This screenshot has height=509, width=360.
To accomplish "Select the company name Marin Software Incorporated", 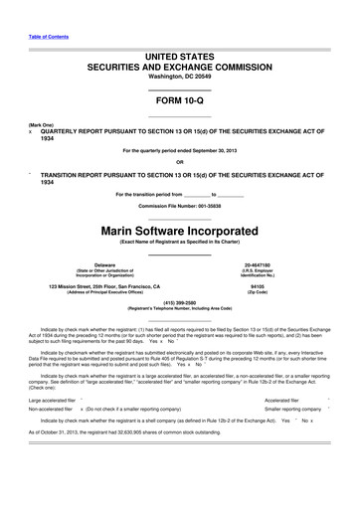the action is click(180, 230).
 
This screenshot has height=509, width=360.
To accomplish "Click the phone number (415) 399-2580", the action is click(180, 302).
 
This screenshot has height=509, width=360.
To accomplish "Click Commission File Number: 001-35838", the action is click(180, 206).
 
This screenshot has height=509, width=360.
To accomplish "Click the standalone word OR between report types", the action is click(180, 162).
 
